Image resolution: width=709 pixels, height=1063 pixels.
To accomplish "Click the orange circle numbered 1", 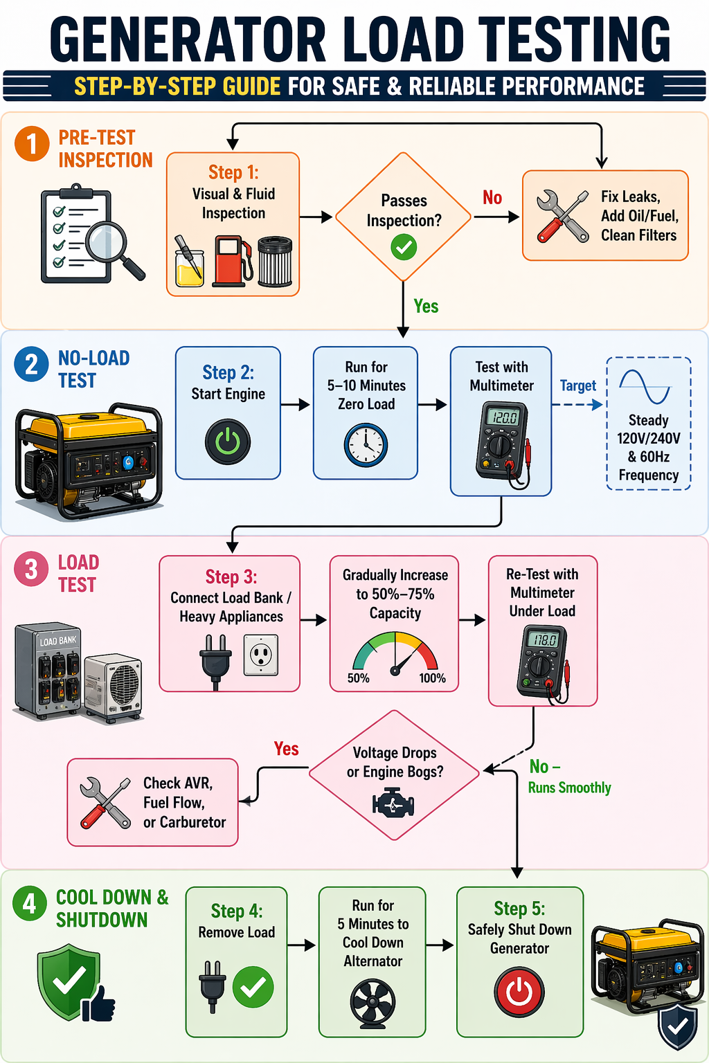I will click(x=32, y=145).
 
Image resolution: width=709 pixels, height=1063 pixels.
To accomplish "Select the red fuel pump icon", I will click(x=231, y=262).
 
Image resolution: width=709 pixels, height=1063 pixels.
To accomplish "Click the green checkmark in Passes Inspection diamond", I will click(x=404, y=246).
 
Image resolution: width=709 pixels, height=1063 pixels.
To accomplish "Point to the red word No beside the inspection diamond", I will click(x=492, y=198).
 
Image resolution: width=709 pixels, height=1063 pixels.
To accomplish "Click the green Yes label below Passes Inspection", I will click(x=426, y=307).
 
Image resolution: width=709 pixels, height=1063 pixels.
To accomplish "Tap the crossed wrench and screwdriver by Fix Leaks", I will click(x=562, y=217).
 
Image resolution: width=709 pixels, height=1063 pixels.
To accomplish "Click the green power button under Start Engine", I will click(x=228, y=442).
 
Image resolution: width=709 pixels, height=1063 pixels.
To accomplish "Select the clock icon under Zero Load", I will click(x=366, y=446).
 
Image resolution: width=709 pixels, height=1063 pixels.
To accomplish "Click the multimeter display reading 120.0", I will click(x=503, y=417).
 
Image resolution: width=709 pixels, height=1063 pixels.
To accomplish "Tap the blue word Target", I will click(x=577, y=385).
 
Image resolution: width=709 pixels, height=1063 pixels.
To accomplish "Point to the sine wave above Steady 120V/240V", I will click(x=645, y=387).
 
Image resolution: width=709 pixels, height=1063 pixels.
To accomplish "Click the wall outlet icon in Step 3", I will click(x=261, y=655).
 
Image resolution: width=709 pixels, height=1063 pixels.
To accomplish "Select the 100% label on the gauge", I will click(x=432, y=678).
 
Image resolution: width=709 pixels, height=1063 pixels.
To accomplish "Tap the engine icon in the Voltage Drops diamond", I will click(x=393, y=804).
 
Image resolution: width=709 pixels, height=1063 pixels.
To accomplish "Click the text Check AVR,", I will click(x=178, y=783).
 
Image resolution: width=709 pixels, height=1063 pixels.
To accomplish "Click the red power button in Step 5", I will click(x=519, y=992).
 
